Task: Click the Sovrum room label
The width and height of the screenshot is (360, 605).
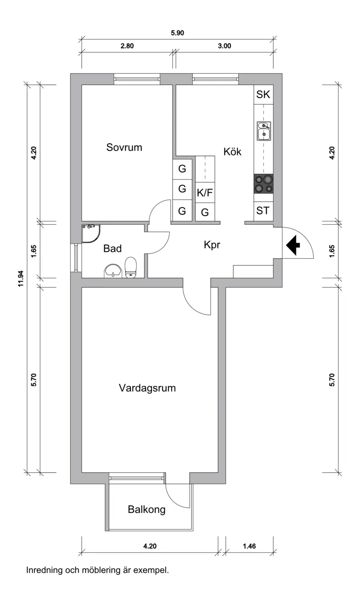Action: click(124, 147)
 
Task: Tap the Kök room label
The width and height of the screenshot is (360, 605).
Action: click(232, 152)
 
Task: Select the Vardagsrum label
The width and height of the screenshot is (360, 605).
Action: click(147, 388)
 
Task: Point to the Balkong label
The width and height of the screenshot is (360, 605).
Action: click(147, 510)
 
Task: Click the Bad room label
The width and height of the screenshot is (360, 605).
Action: click(112, 248)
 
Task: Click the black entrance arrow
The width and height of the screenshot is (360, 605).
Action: click(293, 246)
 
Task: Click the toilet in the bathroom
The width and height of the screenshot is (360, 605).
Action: click(131, 268)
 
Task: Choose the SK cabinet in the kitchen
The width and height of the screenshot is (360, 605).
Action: click(263, 95)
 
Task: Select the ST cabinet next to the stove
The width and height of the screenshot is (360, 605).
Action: click(263, 210)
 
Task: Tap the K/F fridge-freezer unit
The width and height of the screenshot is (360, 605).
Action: click(205, 193)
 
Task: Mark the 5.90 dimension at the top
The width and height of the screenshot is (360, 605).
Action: click(178, 33)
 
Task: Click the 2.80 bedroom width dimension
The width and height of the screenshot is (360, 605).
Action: click(127, 46)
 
